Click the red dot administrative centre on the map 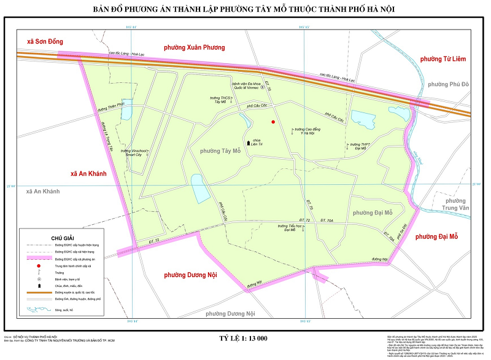click(x=273, y=122)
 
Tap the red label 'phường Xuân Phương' click(x=198, y=47)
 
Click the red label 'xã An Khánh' click(x=89, y=174)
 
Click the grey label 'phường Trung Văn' click(x=457, y=205)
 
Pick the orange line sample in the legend click(x=39, y=294)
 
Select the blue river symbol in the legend click(x=39, y=311)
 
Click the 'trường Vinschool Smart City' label click(x=135, y=152)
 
